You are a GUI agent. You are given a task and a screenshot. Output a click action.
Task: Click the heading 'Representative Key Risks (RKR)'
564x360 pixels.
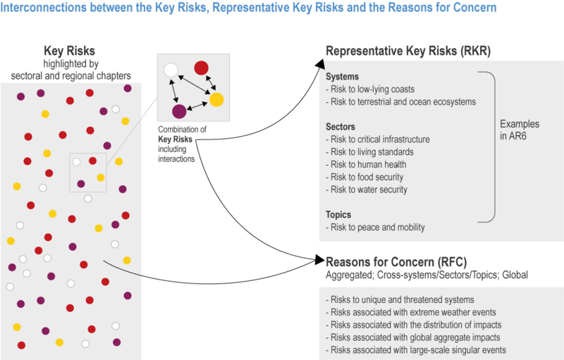click(x=408, y=51)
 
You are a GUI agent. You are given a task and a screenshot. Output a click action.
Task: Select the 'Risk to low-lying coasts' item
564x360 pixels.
click(x=370, y=89)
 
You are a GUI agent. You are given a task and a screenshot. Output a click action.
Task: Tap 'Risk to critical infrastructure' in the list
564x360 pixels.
click(x=378, y=139)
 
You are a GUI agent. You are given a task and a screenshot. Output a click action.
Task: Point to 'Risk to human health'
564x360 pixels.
click(x=366, y=165)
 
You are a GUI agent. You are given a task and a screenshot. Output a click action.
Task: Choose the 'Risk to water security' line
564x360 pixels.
click(x=367, y=190)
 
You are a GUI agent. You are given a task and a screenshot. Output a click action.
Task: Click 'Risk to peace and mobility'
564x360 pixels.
click(x=375, y=228)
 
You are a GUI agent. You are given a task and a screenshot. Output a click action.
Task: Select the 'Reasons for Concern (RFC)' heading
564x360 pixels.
click(x=396, y=262)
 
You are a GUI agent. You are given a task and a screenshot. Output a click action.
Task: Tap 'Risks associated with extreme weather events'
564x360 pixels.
click(x=411, y=312)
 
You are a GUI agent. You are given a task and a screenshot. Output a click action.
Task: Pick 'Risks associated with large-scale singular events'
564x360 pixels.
click(x=416, y=350)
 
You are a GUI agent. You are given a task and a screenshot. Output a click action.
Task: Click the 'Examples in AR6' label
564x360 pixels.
click(x=520, y=130)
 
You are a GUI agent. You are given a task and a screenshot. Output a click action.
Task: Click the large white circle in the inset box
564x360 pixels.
click(x=171, y=70)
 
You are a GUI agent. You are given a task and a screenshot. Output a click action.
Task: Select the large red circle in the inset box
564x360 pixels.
click(x=201, y=68)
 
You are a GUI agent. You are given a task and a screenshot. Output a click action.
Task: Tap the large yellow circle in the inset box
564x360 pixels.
click(x=216, y=99)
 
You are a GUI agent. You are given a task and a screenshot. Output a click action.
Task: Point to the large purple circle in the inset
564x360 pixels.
click(x=179, y=111)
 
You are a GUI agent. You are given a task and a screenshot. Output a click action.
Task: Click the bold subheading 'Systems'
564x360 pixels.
click(x=342, y=77)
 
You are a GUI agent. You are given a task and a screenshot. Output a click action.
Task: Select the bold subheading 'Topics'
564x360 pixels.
click(x=338, y=215)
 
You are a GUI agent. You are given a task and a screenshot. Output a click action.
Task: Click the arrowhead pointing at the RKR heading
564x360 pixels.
click(x=320, y=65)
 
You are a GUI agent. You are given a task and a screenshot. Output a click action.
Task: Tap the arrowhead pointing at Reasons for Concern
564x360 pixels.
click(x=320, y=260)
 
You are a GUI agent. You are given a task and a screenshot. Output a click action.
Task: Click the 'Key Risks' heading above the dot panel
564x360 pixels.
click(x=69, y=51)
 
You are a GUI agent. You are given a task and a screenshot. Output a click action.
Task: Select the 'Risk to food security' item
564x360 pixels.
click(x=364, y=177)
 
